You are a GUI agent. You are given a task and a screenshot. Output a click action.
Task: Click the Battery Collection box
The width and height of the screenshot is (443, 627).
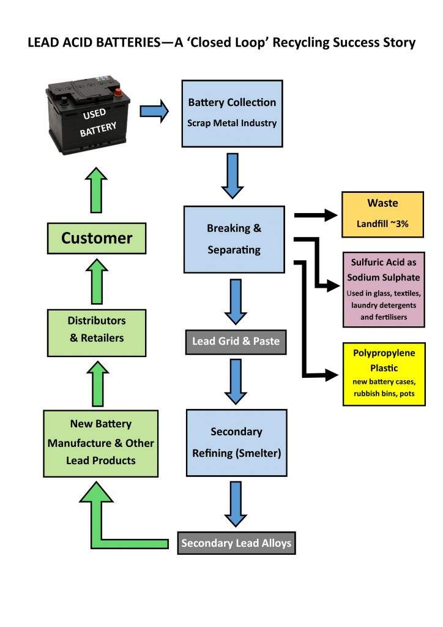(232, 113)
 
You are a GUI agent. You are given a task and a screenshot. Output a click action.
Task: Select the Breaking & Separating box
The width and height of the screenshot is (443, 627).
(234, 239)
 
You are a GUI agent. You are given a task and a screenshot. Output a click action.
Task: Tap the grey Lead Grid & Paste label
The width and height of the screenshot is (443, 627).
(236, 342)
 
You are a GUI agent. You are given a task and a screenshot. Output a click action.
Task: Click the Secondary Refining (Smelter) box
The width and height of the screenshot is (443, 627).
(236, 442)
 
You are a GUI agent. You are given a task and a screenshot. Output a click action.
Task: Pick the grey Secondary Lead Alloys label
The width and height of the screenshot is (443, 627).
(236, 543)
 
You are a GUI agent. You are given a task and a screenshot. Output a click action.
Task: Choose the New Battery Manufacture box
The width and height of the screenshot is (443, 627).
(101, 442)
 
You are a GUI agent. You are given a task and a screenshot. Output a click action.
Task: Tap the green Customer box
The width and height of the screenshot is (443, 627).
(97, 238)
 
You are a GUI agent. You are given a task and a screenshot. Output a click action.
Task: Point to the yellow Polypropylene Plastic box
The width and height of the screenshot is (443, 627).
(384, 374)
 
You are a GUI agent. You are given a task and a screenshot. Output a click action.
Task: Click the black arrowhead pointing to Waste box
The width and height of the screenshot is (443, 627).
(330, 215)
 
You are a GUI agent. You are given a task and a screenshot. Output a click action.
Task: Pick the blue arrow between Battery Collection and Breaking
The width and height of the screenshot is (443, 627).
(233, 176)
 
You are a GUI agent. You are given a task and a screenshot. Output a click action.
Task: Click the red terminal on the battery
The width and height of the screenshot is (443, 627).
(118, 94)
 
